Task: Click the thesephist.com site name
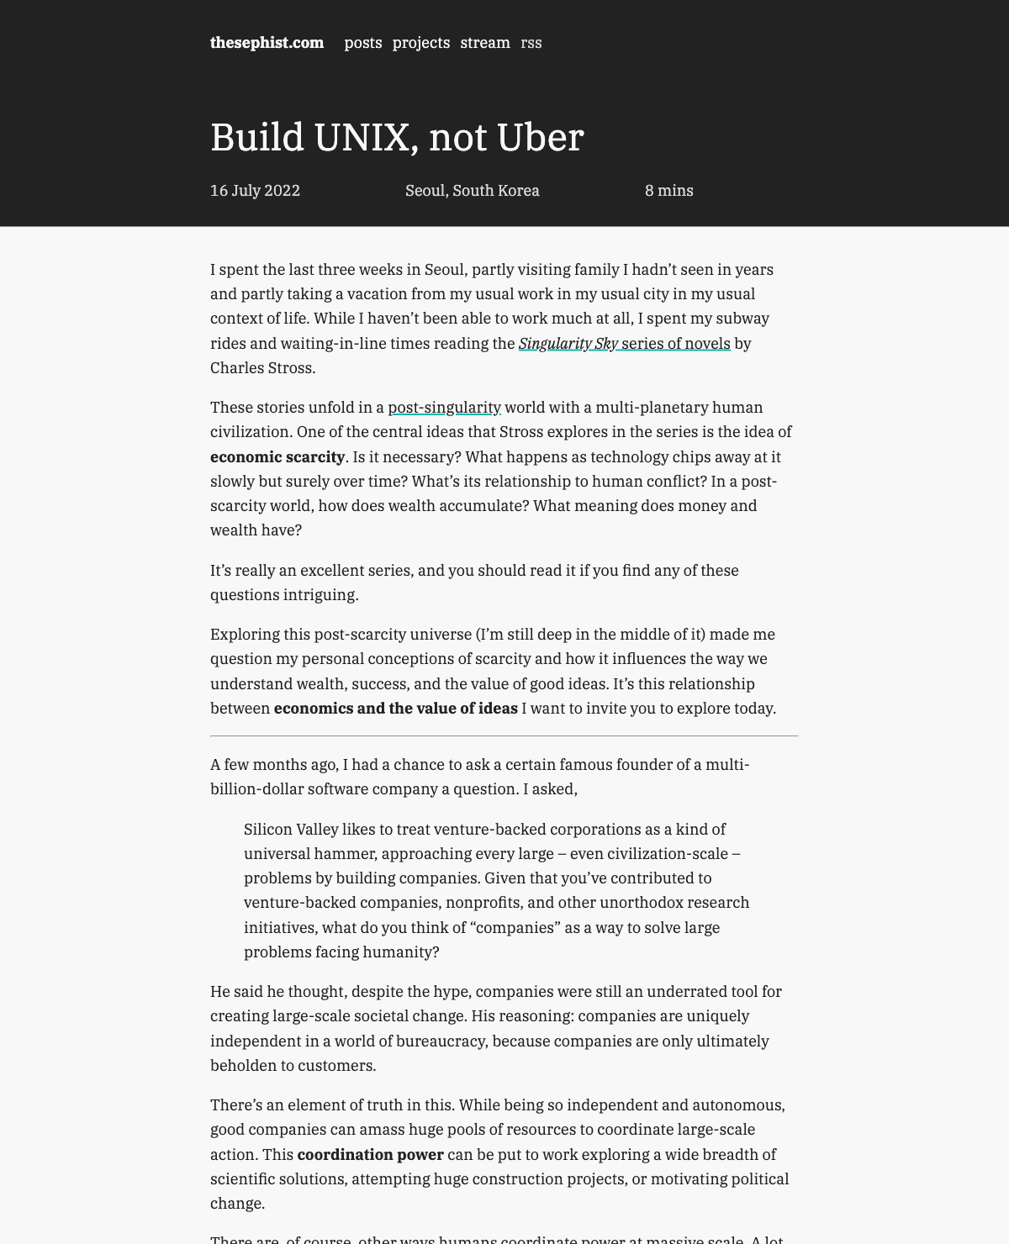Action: pos(267,43)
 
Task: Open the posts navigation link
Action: pos(363,43)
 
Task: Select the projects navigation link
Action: pos(420,43)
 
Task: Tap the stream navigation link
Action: pos(485,43)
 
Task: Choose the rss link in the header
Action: pos(531,43)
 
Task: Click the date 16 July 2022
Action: pos(255,191)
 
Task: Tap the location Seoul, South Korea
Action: pos(472,191)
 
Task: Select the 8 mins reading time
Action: pos(668,191)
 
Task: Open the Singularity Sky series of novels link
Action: pos(624,344)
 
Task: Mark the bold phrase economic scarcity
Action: pos(277,457)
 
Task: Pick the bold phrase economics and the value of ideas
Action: pos(395,709)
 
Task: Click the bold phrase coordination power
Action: pos(370,1155)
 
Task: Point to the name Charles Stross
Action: pos(262,368)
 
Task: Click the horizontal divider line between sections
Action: pos(504,736)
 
